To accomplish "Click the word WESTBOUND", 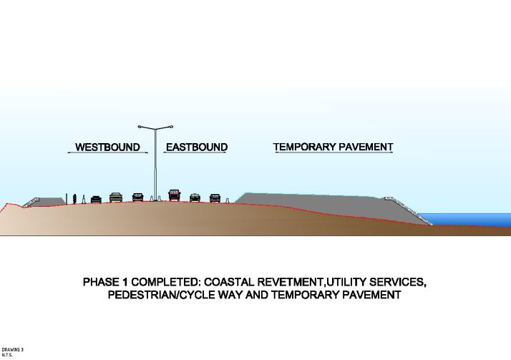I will [x=107, y=147].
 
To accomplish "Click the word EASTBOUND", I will [x=196, y=147].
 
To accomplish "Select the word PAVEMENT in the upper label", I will [x=366, y=147].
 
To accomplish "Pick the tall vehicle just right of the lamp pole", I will [x=174, y=195].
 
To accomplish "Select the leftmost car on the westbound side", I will [x=96, y=199].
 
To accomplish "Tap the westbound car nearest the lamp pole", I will [x=137, y=197].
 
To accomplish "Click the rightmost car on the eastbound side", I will [x=215, y=198].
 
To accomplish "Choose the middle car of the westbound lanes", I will [x=116, y=197].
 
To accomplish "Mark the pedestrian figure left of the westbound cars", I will [x=74, y=198].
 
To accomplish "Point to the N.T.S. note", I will [x=7, y=355].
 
